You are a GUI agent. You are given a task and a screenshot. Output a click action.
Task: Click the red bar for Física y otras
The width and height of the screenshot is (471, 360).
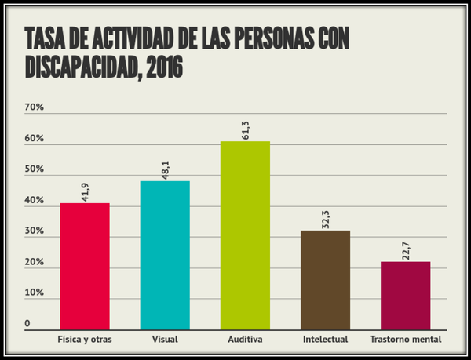[x=85, y=267]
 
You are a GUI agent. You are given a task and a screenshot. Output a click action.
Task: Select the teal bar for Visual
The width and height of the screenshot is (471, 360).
[x=165, y=256]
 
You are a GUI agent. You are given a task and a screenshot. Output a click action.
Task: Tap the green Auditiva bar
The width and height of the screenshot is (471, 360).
[x=245, y=235]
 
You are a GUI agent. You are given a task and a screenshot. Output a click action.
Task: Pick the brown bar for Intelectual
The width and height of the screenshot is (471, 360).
[x=325, y=280]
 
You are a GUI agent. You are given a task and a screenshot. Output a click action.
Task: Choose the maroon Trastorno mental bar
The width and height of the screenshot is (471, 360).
[x=405, y=296]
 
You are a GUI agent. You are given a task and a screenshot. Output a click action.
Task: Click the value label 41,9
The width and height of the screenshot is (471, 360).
[x=85, y=191]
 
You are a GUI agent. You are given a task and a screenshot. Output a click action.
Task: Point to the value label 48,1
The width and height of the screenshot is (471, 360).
[x=165, y=169]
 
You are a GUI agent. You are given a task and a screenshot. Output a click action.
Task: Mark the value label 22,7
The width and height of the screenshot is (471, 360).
[x=405, y=250]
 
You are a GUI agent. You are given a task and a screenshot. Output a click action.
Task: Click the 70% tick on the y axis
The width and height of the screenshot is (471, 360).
[x=35, y=107]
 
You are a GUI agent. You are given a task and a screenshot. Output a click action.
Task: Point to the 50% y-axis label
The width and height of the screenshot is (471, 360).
[x=35, y=169]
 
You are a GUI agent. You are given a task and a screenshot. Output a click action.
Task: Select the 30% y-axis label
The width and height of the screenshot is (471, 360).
[x=35, y=231]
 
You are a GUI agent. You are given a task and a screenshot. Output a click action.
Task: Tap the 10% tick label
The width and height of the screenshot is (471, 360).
[x=35, y=293]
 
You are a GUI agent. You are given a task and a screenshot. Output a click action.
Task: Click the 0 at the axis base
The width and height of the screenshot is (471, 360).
[x=27, y=323]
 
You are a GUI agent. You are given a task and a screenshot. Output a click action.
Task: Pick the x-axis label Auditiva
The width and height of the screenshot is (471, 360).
[x=245, y=340]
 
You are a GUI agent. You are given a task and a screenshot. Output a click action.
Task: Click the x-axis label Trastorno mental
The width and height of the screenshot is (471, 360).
[x=405, y=340]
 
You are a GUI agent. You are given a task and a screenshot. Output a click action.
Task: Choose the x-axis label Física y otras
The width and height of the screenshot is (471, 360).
[x=85, y=340]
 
